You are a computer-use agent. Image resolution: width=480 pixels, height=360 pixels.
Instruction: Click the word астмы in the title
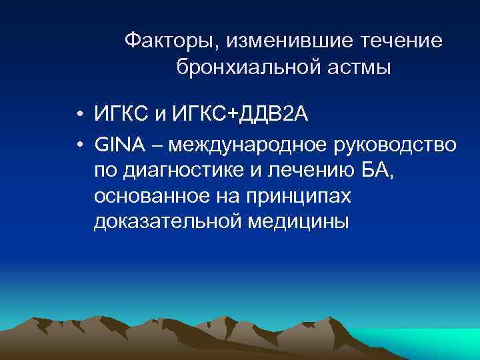[361, 67]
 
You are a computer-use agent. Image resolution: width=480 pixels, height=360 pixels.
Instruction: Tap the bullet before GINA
[78, 143]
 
